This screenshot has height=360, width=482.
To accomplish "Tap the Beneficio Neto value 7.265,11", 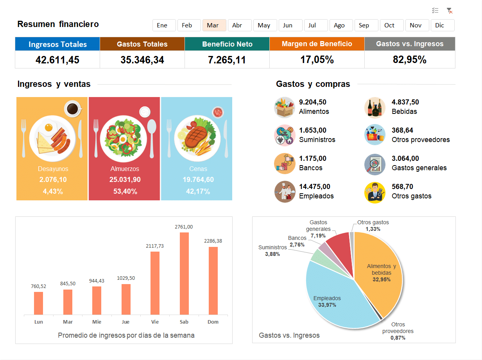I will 227,60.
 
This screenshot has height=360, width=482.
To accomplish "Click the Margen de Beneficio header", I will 317,44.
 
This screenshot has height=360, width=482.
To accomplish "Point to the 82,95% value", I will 409,60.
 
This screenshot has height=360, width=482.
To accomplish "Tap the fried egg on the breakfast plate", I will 48,127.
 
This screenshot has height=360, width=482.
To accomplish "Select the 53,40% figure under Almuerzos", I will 125,191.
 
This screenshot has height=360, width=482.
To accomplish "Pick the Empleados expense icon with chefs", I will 285,192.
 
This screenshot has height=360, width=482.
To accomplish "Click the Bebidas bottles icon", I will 375,107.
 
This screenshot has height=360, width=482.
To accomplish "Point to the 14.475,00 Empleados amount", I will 314,187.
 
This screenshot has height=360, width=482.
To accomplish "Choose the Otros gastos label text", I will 411,196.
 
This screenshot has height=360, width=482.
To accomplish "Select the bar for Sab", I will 184,274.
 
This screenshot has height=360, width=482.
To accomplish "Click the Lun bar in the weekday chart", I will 38,303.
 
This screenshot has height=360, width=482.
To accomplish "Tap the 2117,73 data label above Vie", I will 155,246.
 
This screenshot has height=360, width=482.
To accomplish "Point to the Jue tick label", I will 125,322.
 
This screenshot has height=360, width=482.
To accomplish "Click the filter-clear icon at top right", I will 450,11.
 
